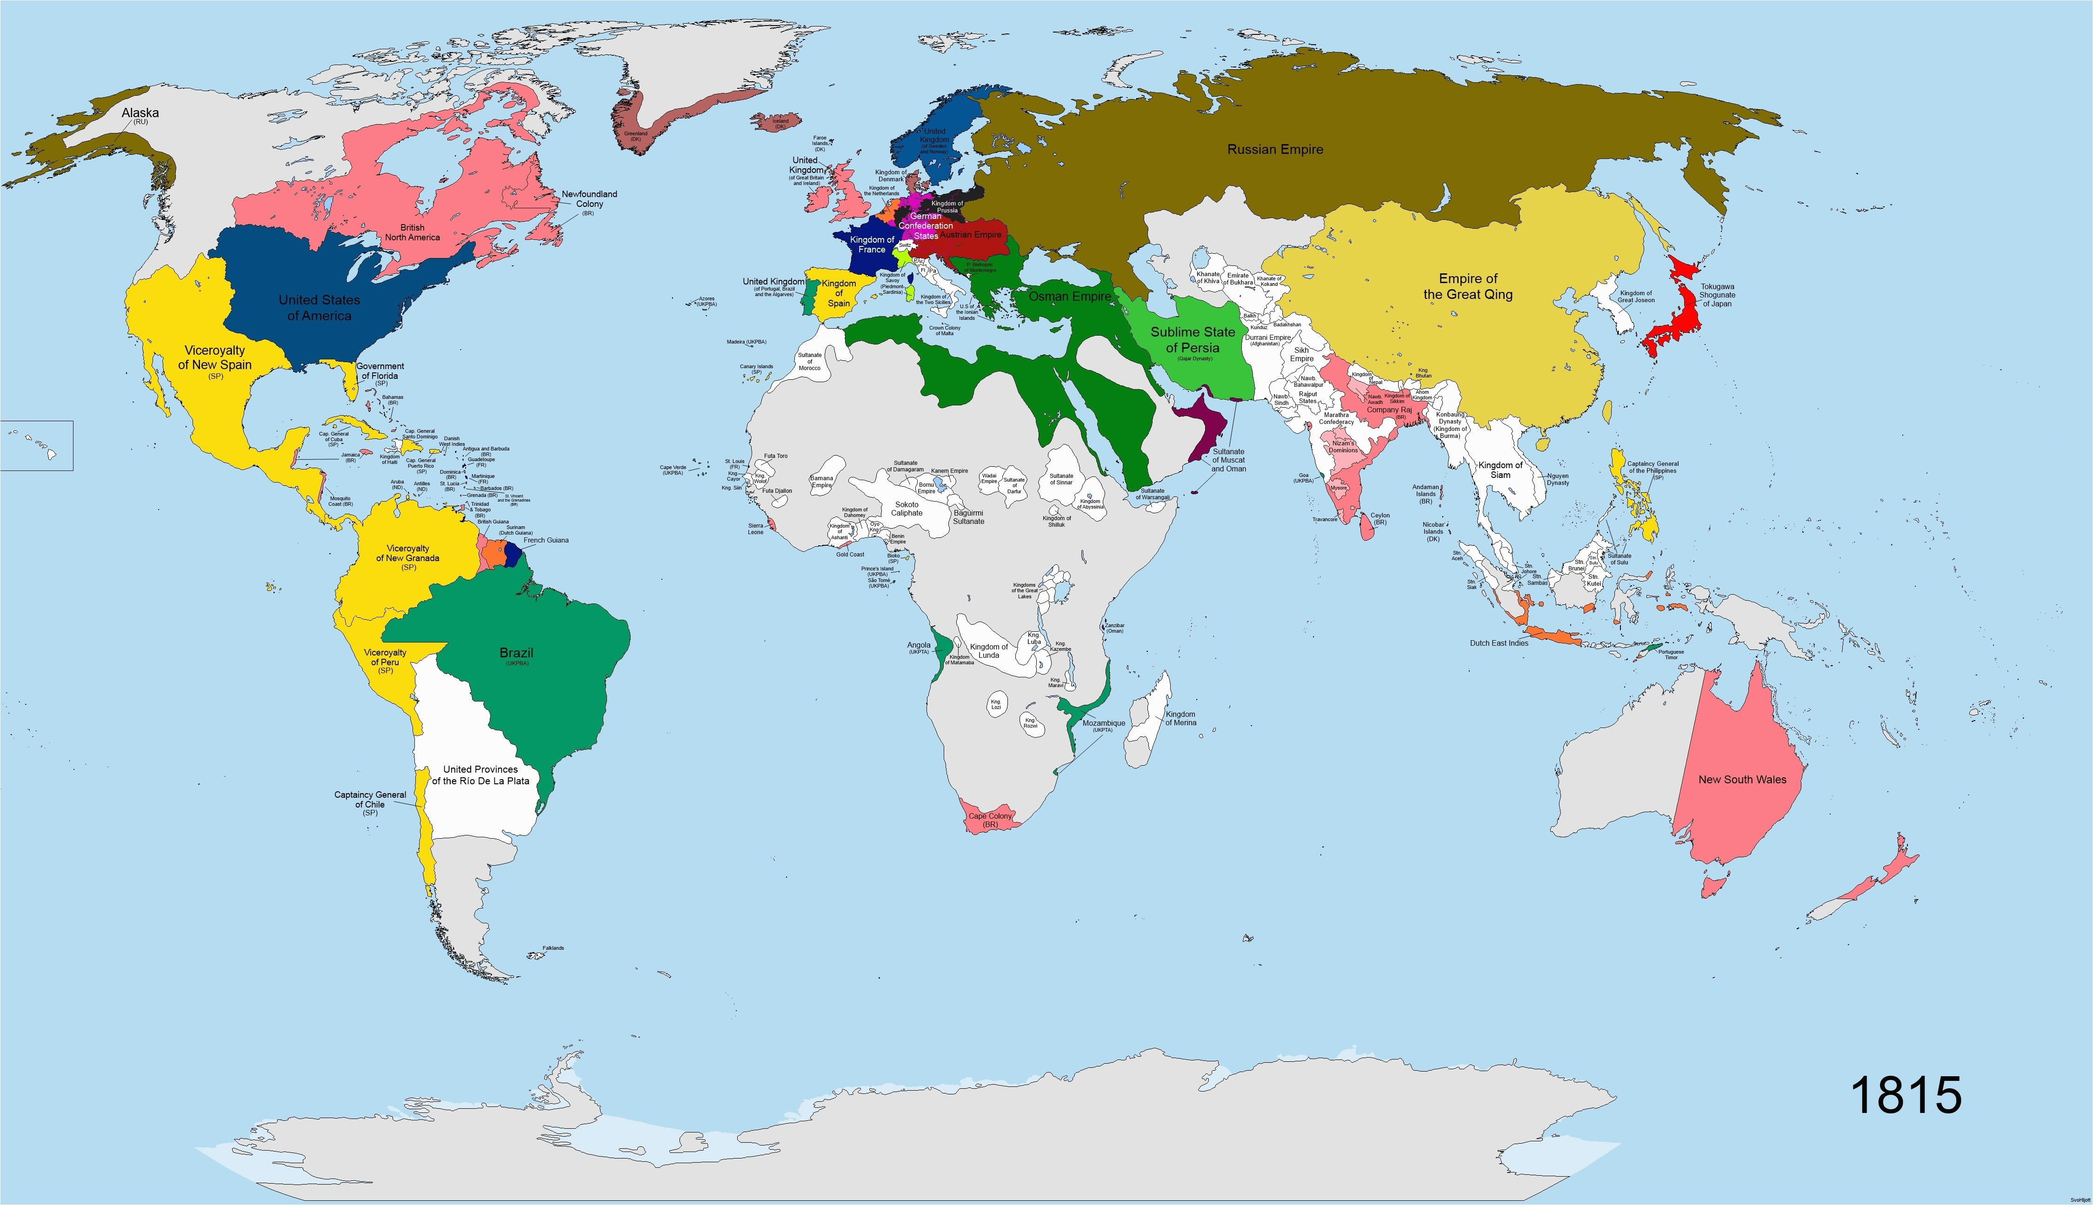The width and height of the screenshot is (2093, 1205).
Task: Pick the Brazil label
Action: click(x=516, y=653)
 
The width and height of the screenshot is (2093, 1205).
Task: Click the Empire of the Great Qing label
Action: click(x=1468, y=286)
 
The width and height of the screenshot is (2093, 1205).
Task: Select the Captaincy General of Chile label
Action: click(x=370, y=800)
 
